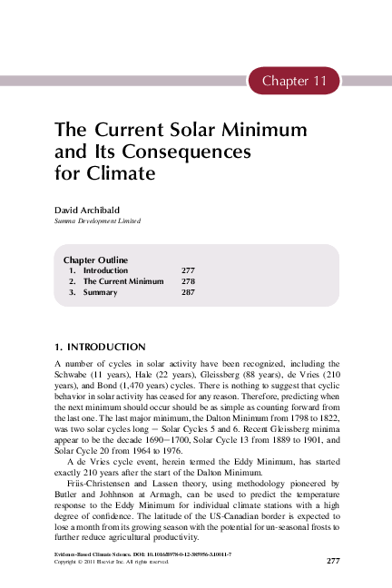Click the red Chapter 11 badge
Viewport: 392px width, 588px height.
[293, 81]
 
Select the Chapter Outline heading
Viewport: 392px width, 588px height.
[95, 260]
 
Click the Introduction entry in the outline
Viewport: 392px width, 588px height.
[105, 271]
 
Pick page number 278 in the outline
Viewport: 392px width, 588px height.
[188, 282]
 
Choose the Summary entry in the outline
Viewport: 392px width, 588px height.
[100, 293]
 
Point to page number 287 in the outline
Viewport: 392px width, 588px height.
[188, 293]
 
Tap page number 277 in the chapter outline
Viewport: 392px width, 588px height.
[188, 271]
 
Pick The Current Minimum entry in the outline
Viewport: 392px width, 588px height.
[123, 282]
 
